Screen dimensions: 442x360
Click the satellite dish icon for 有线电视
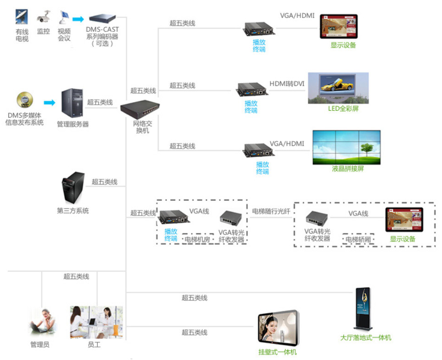[x=21, y=17]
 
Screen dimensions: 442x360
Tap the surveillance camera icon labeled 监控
[x=43, y=17]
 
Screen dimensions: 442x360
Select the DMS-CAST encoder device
[x=102, y=18]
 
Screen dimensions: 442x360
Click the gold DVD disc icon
[x=25, y=100]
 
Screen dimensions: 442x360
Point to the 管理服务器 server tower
[x=72, y=103]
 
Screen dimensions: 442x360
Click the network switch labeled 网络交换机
[x=140, y=109]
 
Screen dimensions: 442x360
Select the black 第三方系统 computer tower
[x=73, y=188]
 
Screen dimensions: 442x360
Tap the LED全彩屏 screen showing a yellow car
[x=338, y=88]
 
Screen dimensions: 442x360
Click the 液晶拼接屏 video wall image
[x=346, y=147]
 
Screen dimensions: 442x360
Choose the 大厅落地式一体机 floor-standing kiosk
[x=363, y=309]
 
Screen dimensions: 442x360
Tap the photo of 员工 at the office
[x=96, y=322]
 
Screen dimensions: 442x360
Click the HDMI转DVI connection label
[x=287, y=84]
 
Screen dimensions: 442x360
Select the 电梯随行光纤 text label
[x=271, y=211]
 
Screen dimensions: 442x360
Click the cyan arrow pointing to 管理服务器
[x=49, y=102]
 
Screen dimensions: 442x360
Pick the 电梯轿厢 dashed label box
[x=358, y=240]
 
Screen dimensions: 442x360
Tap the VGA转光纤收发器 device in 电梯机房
[x=231, y=219]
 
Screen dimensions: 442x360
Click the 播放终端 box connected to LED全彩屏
[x=252, y=90]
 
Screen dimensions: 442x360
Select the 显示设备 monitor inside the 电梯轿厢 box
[x=404, y=220]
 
